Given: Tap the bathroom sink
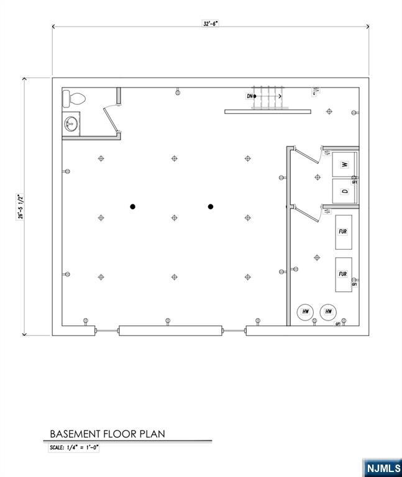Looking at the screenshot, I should (71, 124).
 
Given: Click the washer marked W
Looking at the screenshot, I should (345, 165).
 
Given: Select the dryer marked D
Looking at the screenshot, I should (345, 191).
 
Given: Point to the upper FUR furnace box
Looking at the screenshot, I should (343, 231).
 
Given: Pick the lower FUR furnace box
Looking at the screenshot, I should (343, 274).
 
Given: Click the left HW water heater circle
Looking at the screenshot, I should (306, 312).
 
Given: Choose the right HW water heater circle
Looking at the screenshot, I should (328, 312).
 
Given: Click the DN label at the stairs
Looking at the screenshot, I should (250, 96).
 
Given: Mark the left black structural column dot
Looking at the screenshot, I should (132, 207).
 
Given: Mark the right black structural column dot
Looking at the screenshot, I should (211, 207).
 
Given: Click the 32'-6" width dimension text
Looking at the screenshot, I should (211, 23).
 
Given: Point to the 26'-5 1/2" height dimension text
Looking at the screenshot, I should (20, 206).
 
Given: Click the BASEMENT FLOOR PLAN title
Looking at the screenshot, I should (107, 434).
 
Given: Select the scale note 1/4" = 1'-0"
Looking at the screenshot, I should (75, 447).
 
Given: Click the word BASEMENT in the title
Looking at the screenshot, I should (73, 434).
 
